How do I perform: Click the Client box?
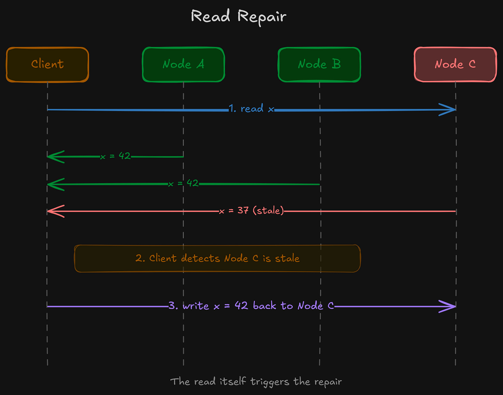click(x=47, y=65)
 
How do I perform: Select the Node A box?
click(x=183, y=65)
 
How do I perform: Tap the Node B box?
click(x=319, y=65)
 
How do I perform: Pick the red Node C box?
click(x=455, y=65)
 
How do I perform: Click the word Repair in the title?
click(x=262, y=17)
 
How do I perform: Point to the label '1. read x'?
click(x=251, y=109)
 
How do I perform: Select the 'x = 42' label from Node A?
click(x=115, y=156)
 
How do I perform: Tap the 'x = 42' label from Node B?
click(x=183, y=183)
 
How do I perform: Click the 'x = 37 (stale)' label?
click(x=251, y=210)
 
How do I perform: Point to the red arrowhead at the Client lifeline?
click(x=55, y=211)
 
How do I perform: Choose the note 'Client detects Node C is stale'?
click(x=217, y=258)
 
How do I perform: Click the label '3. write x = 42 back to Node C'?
click(x=251, y=306)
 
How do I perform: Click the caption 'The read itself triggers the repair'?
click(x=256, y=382)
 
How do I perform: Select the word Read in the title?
click(x=210, y=16)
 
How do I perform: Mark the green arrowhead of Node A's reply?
click(x=55, y=157)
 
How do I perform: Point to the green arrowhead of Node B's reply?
click(x=55, y=184)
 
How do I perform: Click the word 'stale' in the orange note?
click(x=287, y=258)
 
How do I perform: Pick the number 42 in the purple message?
click(x=241, y=305)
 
